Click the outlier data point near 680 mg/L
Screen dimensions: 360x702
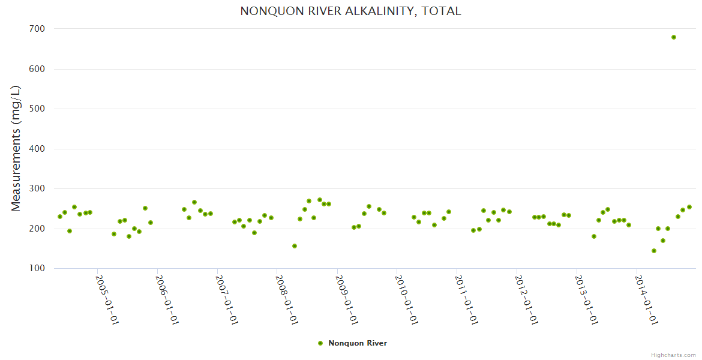coord(674,37)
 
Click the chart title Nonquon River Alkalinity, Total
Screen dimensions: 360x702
coord(350,11)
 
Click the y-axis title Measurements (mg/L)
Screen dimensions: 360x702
coord(16,148)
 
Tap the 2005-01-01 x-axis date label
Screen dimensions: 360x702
coord(107,299)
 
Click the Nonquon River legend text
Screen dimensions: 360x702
coord(358,343)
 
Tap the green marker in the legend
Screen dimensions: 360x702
coord(320,343)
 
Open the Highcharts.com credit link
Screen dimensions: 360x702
coord(673,355)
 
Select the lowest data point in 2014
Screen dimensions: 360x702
coord(654,251)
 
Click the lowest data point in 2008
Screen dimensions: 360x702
coord(295,246)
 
